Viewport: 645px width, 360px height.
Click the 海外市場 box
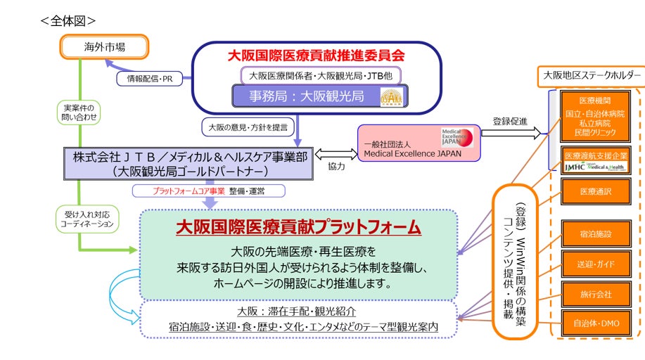click(x=103, y=47)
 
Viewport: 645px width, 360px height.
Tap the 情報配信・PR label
click(x=148, y=78)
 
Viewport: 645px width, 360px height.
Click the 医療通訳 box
click(x=591, y=191)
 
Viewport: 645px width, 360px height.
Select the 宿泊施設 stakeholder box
click(x=591, y=233)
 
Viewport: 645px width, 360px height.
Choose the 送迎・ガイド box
click(x=591, y=264)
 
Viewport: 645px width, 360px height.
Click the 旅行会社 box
click(x=591, y=294)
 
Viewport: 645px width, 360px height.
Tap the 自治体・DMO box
click(x=591, y=323)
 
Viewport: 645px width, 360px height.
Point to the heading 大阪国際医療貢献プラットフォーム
click(x=298, y=227)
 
